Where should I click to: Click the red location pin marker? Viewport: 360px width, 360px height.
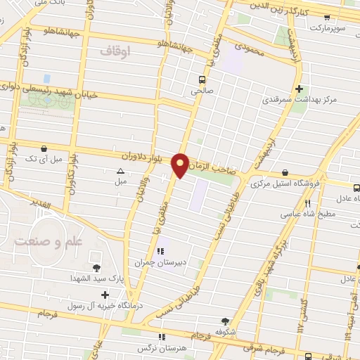(181, 165)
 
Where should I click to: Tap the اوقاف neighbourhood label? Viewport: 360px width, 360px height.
(116, 51)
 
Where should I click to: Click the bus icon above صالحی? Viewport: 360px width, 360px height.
(202, 79)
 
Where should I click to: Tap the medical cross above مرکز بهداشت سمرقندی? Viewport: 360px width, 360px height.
(300, 89)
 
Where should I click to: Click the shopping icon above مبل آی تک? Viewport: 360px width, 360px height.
(44, 149)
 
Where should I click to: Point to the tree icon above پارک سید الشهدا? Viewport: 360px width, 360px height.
(96, 268)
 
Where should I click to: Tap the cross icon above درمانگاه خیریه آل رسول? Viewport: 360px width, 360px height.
(105, 295)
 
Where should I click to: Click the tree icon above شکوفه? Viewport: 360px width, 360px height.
(225, 321)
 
